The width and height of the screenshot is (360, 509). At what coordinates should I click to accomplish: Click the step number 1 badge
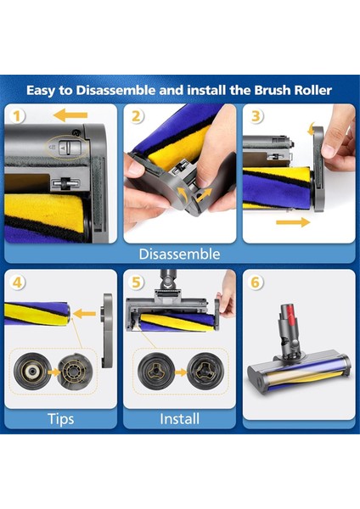pyautogui.click(x=17, y=116)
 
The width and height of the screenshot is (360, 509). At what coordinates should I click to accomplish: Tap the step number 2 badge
pyautogui.click(x=137, y=116)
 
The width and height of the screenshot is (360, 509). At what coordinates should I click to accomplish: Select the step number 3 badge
pyautogui.click(x=256, y=116)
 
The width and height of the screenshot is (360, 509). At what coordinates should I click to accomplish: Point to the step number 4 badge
pyautogui.click(x=17, y=282)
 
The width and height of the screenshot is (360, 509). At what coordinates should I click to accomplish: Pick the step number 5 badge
pyautogui.click(x=137, y=282)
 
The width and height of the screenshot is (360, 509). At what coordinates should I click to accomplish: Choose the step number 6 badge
pyautogui.click(x=256, y=282)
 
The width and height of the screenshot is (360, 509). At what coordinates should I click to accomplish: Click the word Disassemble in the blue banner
pyautogui.click(x=179, y=254)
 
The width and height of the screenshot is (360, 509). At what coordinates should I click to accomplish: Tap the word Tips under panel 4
pyautogui.click(x=61, y=419)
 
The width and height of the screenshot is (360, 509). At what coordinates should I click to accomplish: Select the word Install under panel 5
pyautogui.click(x=179, y=419)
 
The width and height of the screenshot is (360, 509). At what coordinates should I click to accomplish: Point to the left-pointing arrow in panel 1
pyautogui.click(x=70, y=115)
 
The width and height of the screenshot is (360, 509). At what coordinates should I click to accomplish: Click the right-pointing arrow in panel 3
pyautogui.click(x=293, y=222)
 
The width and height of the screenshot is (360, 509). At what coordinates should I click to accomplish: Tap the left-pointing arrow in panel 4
pyautogui.click(x=84, y=314)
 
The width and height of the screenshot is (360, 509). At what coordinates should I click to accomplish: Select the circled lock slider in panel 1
pyautogui.click(x=67, y=148)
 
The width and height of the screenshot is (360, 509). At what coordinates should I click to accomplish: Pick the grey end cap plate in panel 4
pyautogui.click(x=108, y=331)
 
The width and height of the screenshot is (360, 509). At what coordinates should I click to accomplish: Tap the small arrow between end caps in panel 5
pyautogui.click(x=181, y=372)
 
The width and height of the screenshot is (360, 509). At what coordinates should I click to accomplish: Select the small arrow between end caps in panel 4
pyautogui.click(x=53, y=372)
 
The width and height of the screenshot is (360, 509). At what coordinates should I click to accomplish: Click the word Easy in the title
pyautogui.click(x=41, y=91)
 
